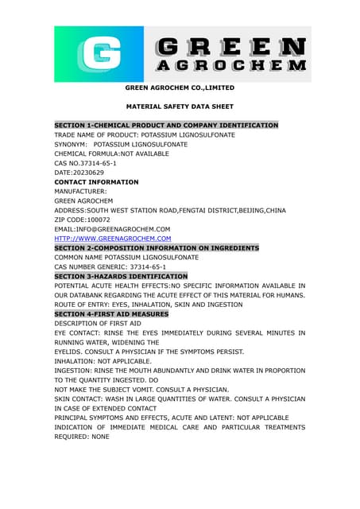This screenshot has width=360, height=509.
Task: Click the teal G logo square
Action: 98,54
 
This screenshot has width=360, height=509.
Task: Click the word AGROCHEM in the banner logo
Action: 230,66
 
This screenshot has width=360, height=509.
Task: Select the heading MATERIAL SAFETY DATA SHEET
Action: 179,106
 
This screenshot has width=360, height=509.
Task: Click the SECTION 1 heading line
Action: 165,126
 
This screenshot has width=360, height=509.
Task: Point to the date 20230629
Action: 79,173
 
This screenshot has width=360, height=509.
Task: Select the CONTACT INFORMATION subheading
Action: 96,182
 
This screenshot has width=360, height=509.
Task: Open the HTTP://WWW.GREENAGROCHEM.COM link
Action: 112,239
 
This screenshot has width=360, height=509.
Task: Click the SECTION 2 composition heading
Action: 156,248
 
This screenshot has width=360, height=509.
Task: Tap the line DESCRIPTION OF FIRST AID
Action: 97,324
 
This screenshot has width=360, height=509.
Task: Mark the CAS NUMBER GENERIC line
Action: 110,267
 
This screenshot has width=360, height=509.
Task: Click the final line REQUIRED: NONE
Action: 81,437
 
